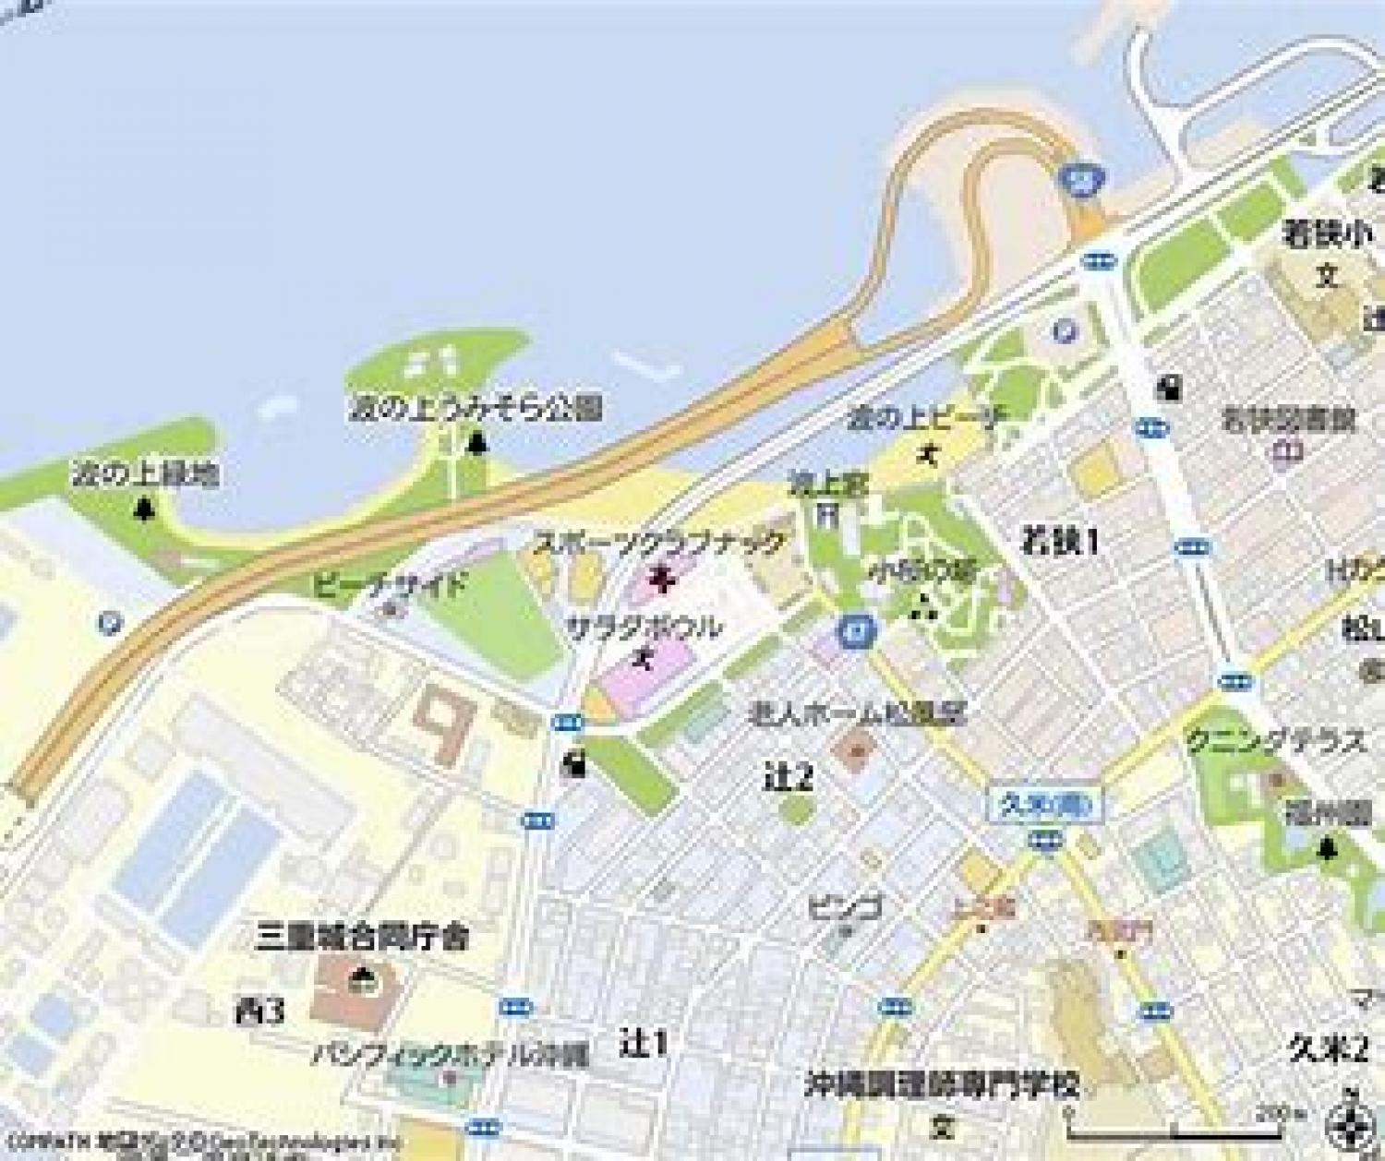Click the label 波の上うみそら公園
pos(476,408)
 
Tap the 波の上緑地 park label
pos(145,475)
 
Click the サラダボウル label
pos(644,628)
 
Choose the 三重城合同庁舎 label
pos(362,938)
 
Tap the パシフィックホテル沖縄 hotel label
pos(450,1054)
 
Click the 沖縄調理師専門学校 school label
pos(942,1083)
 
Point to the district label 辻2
pos(789,778)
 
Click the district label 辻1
pos(644,1044)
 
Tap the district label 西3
pos(259,1011)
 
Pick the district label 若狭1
pos(1059,542)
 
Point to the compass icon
pos(1349,1122)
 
